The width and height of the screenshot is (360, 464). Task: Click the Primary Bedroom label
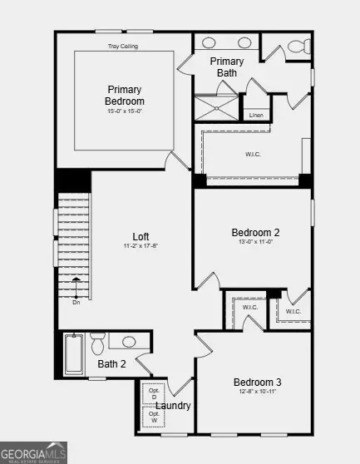[x=124, y=95]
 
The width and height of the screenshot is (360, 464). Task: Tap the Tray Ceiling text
[x=123, y=47]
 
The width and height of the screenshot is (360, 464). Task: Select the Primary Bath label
[x=227, y=67]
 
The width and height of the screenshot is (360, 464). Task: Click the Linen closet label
[x=256, y=115]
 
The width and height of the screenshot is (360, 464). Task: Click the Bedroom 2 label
[x=255, y=232]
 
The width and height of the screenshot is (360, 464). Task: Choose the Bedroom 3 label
[x=257, y=382]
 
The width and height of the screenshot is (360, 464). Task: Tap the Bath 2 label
[x=111, y=363]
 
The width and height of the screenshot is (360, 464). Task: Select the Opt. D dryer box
[x=154, y=393]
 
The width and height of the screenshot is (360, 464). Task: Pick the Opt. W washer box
[x=154, y=417]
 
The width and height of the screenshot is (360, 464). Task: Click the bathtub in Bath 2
[x=74, y=353]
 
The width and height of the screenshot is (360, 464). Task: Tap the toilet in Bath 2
[x=97, y=342]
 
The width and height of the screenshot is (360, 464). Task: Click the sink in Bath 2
[x=129, y=341]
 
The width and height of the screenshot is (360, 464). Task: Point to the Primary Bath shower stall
[x=215, y=108]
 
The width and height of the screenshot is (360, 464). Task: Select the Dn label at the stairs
[x=76, y=302]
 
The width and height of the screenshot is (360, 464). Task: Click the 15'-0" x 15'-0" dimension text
[x=124, y=111]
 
